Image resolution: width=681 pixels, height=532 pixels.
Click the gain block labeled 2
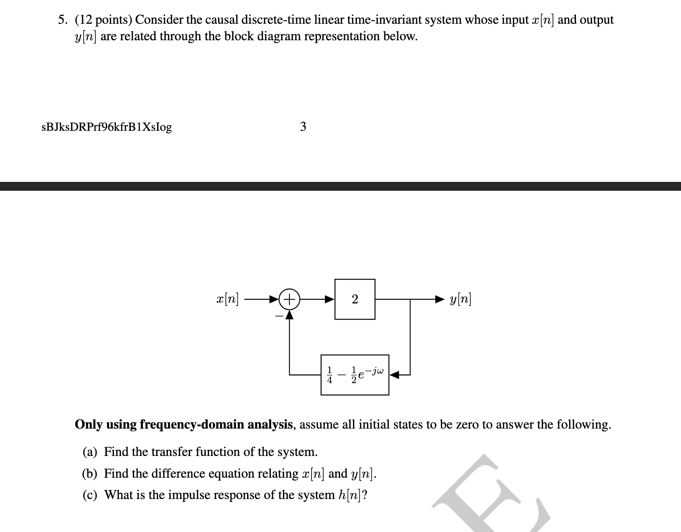pos(355,299)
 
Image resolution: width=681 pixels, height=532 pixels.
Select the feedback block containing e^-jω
pos(355,375)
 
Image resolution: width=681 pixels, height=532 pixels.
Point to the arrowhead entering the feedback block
pos(394,375)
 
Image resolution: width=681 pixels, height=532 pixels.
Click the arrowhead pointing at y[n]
pos(439,299)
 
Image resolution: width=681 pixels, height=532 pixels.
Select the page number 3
pos(303,127)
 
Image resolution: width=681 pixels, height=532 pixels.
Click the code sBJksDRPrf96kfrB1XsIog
pos(107,127)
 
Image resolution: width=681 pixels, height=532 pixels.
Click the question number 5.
pos(62,20)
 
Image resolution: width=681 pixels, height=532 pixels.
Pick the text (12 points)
pos(103,20)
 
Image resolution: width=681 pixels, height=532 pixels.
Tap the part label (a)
pos(90,452)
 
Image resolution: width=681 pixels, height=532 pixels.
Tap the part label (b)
pos(90,474)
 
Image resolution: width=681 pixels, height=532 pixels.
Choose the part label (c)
pos(90,495)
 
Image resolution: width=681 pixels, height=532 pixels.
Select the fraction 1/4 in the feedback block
pos(330,375)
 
